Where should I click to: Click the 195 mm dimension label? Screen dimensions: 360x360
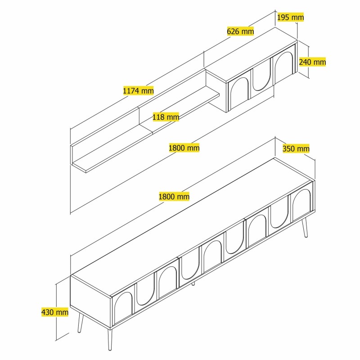pyautogui.click(x=290, y=18)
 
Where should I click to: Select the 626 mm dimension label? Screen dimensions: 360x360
pyautogui.click(x=240, y=31)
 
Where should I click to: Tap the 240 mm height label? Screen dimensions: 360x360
pyautogui.click(x=312, y=62)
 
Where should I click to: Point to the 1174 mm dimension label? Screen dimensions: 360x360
pyautogui.click(x=138, y=90)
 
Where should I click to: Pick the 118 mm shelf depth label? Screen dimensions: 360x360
pyautogui.click(x=166, y=117)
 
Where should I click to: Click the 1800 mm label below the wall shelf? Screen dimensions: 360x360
pyautogui.click(x=184, y=148)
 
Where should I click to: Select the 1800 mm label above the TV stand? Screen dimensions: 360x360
pyautogui.click(x=174, y=196)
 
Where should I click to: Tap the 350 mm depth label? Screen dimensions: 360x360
pyautogui.click(x=296, y=148)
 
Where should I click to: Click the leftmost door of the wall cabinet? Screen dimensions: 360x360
pyautogui.click(x=238, y=93)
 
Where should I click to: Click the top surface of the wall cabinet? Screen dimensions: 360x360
pyautogui.click(x=252, y=54)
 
